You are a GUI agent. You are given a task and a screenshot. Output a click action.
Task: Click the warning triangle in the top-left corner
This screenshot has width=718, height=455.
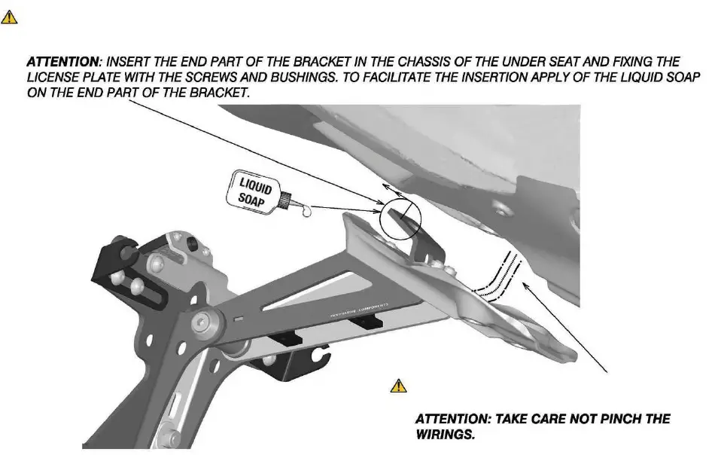point(9,16)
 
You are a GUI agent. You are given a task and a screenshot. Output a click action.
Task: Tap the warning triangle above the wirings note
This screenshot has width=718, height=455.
point(398,386)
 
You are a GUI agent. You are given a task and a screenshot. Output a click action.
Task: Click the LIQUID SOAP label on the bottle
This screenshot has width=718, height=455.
point(254,191)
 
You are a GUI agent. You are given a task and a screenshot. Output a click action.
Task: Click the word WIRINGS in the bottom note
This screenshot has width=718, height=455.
point(443,435)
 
